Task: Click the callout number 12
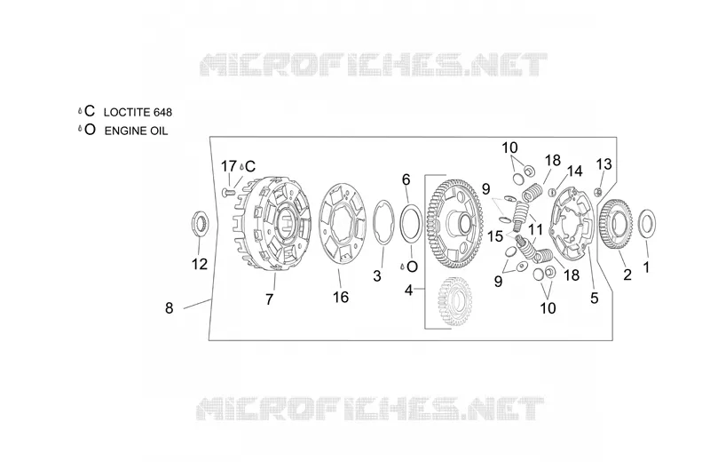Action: [x=199, y=264]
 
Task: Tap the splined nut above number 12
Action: [x=200, y=223]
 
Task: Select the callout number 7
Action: [x=270, y=299]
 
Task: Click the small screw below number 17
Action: [x=228, y=193]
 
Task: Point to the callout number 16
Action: [x=341, y=297]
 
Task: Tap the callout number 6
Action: [x=406, y=180]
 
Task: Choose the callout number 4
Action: [x=409, y=290]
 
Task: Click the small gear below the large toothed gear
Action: [x=455, y=301]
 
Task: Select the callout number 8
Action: [x=169, y=308]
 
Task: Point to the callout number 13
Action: [x=604, y=163]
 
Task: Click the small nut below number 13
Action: [x=598, y=192]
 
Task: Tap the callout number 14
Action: [x=574, y=171]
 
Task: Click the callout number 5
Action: [x=595, y=298]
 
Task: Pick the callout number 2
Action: [x=627, y=275]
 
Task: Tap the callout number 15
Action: [x=495, y=236]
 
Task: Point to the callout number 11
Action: [x=535, y=229]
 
